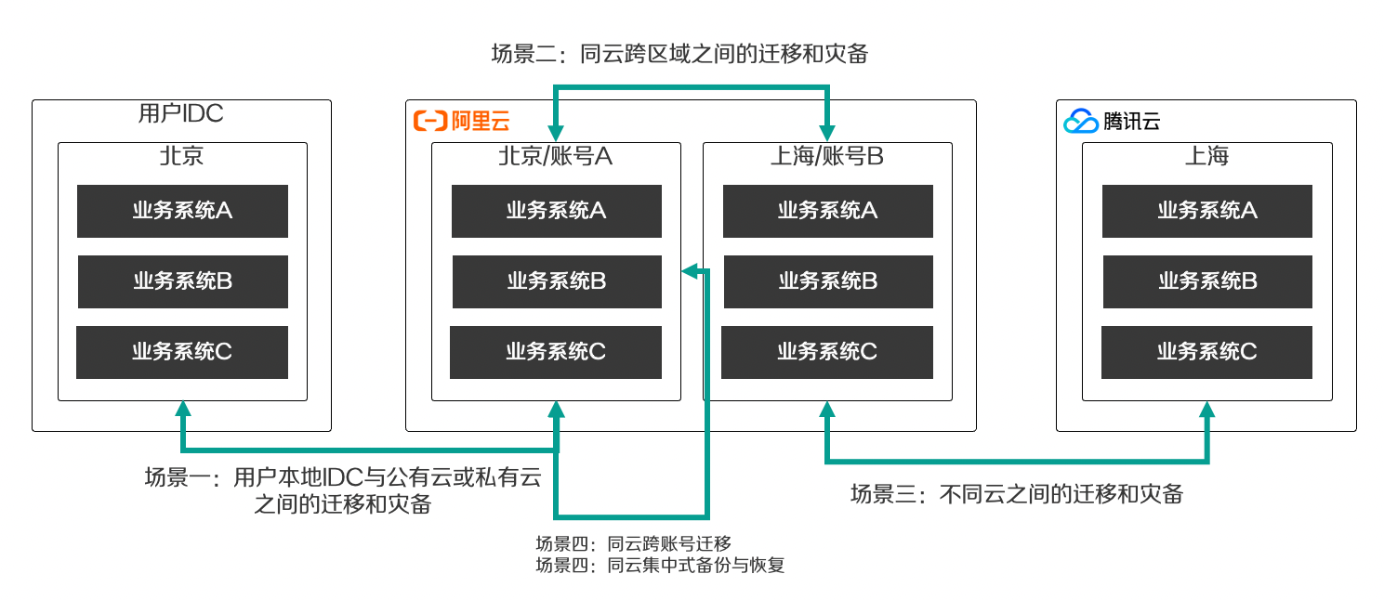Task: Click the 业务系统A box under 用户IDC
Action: [182, 211]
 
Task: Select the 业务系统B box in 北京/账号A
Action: [557, 281]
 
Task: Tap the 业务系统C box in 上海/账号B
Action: [827, 352]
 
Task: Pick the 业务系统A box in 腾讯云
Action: [1207, 211]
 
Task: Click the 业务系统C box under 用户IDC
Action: [182, 352]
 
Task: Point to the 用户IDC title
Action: [180, 113]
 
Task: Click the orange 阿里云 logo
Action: [462, 121]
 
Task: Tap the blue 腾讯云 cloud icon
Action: [1081, 121]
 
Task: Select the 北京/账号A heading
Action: [556, 156]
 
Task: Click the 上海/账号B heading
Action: [826, 156]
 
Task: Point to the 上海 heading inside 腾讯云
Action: [1206, 156]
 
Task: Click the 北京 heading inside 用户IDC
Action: [181, 156]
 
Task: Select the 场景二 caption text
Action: [680, 54]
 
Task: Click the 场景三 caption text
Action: [1017, 494]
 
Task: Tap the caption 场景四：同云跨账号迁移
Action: [633, 544]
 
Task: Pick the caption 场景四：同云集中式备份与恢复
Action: [660, 566]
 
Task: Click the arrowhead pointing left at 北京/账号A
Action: [690, 270]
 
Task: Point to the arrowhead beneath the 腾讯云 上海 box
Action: [1207, 410]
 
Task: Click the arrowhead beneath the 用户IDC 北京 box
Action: [183, 410]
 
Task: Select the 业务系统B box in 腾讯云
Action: [1208, 281]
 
